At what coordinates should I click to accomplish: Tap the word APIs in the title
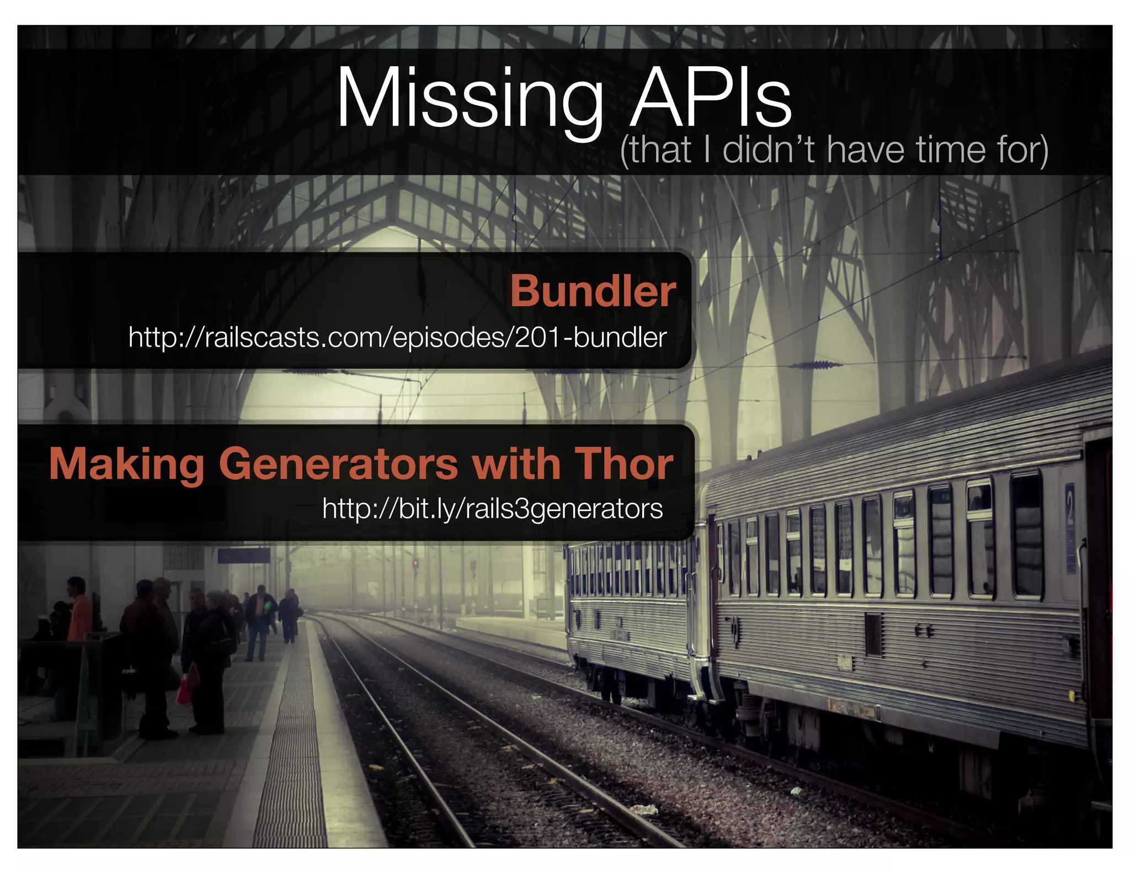[711, 99]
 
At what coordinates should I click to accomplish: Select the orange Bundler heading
[593, 291]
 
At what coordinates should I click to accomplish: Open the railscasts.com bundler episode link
[397, 337]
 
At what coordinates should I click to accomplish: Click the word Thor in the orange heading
[624, 464]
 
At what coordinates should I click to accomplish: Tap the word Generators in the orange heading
[338, 464]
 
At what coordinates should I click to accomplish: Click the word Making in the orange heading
[127, 464]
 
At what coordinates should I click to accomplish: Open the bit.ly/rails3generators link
[492, 508]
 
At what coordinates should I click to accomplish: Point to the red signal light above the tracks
[415, 563]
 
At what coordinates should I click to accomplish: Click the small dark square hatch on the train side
[872, 634]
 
